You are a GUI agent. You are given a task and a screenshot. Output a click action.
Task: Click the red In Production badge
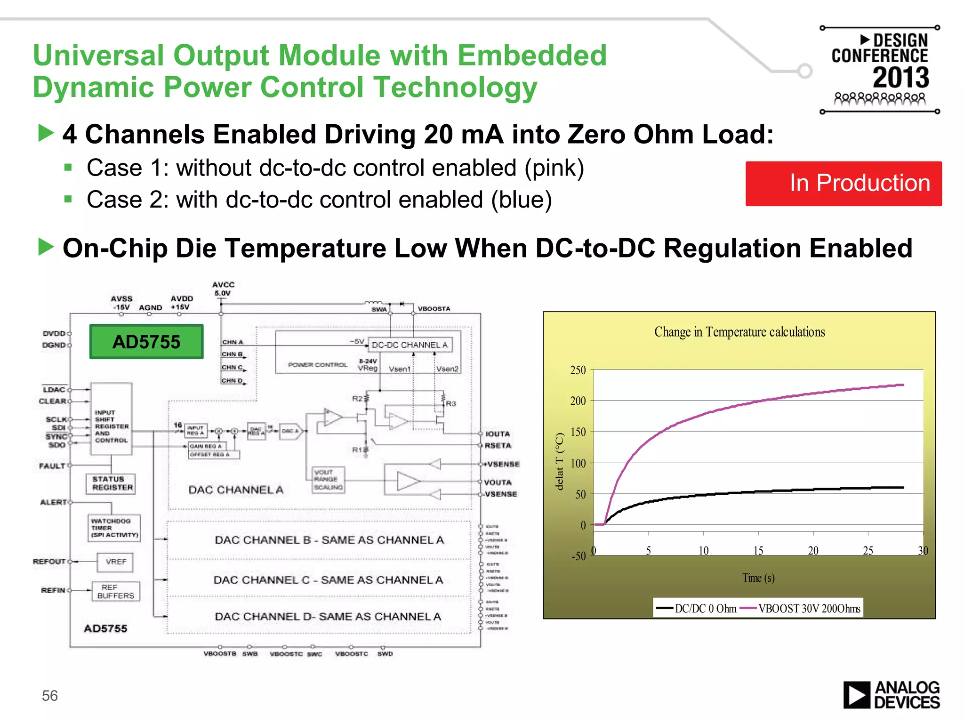point(843,184)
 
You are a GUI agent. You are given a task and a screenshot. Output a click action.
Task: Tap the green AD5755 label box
point(146,342)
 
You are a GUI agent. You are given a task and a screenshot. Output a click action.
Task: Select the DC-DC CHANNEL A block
point(410,345)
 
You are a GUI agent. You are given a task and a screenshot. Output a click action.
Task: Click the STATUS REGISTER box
point(112,483)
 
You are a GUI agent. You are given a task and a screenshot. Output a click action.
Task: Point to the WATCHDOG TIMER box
point(114,528)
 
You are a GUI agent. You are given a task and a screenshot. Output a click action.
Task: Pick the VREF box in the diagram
point(116,562)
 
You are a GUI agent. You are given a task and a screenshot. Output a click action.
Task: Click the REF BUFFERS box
point(115,592)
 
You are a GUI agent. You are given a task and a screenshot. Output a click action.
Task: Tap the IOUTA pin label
point(498,434)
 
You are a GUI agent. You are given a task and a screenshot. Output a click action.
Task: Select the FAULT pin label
point(52,466)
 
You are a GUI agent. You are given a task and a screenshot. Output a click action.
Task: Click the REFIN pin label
point(53,590)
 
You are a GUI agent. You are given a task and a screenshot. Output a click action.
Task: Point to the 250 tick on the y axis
point(578,370)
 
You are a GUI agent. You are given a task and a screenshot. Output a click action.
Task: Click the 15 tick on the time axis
point(758,551)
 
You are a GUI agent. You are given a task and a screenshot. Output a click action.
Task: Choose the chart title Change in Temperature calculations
point(739,332)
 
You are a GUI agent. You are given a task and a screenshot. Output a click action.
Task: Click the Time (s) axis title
point(758,578)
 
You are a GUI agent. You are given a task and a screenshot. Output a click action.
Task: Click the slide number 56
point(50,695)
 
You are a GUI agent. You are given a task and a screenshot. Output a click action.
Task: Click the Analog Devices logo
point(891,695)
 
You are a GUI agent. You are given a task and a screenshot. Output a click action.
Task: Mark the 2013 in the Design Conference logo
point(901,78)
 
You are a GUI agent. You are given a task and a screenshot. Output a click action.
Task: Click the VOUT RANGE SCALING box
point(328,480)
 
